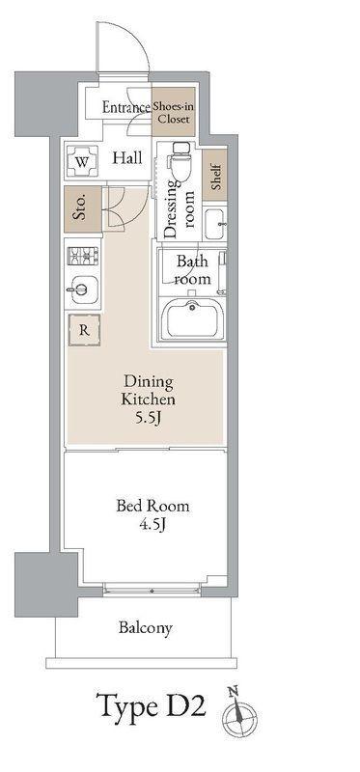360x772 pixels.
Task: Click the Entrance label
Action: pyautogui.click(x=126, y=107)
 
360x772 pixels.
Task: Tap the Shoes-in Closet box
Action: pyautogui.click(x=174, y=112)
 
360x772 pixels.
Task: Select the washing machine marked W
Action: pyautogui.click(x=82, y=162)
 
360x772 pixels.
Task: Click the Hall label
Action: pyautogui.click(x=127, y=158)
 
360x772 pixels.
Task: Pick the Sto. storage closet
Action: pyautogui.click(x=83, y=209)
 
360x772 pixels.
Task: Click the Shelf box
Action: pyautogui.click(x=214, y=176)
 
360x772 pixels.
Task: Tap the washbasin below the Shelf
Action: pyautogui.click(x=215, y=225)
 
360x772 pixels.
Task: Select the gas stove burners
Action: pyautogui.click(x=83, y=256)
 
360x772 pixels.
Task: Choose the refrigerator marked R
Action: pyautogui.click(x=84, y=330)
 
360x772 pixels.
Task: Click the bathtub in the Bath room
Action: pyautogui.click(x=192, y=320)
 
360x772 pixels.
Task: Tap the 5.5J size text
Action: pyautogui.click(x=149, y=419)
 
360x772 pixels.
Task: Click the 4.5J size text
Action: pyautogui.click(x=152, y=524)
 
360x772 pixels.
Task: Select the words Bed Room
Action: pyautogui.click(x=152, y=506)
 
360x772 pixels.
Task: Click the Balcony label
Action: pyautogui.click(x=146, y=628)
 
